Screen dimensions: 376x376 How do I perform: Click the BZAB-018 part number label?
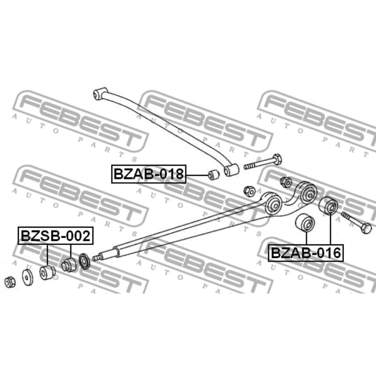point(148,174)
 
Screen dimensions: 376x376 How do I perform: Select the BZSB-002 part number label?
point(56,235)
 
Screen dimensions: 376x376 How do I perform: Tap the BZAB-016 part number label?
point(306,252)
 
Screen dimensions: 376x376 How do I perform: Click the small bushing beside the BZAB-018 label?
point(212,174)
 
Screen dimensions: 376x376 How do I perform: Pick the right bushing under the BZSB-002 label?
point(69,265)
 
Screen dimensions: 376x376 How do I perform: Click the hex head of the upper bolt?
point(277,160)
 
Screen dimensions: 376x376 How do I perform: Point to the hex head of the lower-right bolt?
point(365,228)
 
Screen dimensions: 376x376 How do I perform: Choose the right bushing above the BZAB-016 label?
point(328,206)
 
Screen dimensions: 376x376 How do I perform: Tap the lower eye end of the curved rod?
point(232,170)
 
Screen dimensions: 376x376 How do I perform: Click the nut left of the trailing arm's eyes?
point(249,190)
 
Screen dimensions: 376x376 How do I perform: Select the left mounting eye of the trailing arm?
point(273,204)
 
